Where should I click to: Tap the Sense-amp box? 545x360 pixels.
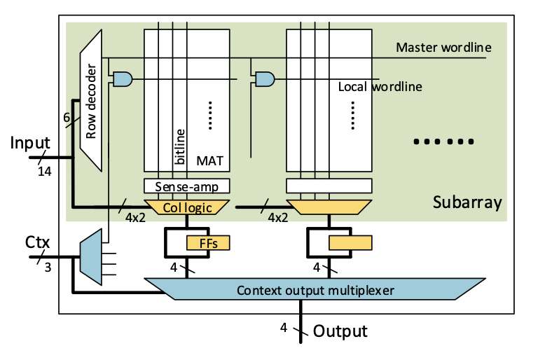pyautogui.click(x=186, y=186)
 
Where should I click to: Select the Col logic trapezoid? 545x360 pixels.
pyautogui.click(x=186, y=207)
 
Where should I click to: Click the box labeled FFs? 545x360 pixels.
pyautogui.click(x=207, y=242)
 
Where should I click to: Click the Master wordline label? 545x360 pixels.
pyautogui.click(x=443, y=48)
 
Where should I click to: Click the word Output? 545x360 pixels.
pyautogui.click(x=340, y=331)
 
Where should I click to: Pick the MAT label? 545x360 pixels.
pyautogui.click(x=210, y=161)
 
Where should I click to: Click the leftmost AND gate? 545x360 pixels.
pyautogui.click(x=122, y=78)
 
